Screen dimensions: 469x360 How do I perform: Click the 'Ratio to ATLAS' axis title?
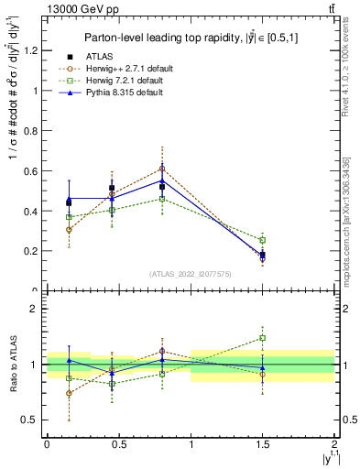pos(14,365)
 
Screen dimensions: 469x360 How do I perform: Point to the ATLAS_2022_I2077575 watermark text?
pos(190,274)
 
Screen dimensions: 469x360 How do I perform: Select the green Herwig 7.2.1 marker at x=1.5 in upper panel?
pos(263,240)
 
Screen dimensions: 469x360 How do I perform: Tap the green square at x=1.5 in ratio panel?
pos(263,338)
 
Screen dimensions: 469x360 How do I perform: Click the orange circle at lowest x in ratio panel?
pos(69,393)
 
